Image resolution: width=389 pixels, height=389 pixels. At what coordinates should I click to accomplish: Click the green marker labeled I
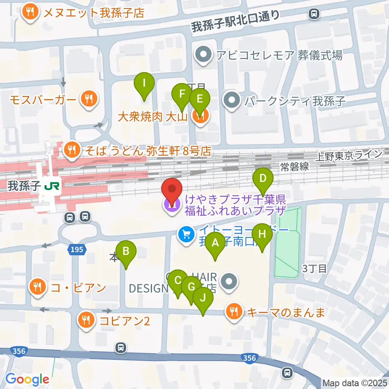click(x=144, y=84)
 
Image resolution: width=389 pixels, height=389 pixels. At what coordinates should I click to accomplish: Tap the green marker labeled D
click(x=263, y=179)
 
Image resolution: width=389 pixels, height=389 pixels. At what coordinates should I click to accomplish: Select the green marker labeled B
click(x=126, y=252)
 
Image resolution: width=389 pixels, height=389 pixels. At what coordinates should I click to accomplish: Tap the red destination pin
click(x=172, y=190)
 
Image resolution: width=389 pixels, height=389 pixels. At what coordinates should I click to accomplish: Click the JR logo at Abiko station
click(x=52, y=186)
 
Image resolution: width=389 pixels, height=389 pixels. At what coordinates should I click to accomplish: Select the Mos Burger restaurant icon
click(x=89, y=99)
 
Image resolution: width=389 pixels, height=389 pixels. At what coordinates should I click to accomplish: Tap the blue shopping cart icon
click(x=186, y=235)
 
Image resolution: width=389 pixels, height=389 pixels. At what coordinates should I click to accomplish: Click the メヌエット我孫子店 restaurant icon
click(x=31, y=13)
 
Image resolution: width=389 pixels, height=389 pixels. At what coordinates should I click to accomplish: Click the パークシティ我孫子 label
click(x=294, y=100)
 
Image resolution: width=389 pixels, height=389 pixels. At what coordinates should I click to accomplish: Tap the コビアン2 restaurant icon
click(x=86, y=321)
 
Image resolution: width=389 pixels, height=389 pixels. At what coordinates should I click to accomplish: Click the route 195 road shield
click(x=77, y=250)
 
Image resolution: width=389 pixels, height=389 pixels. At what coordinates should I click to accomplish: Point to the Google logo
click(x=27, y=379)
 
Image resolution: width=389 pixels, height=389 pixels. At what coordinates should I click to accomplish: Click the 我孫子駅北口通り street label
click(x=236, y=21)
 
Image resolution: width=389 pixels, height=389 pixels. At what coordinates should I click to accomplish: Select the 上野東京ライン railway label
click(x=350, y=154)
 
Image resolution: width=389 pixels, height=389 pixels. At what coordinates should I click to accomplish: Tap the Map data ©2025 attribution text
click(x=355, y=383)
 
